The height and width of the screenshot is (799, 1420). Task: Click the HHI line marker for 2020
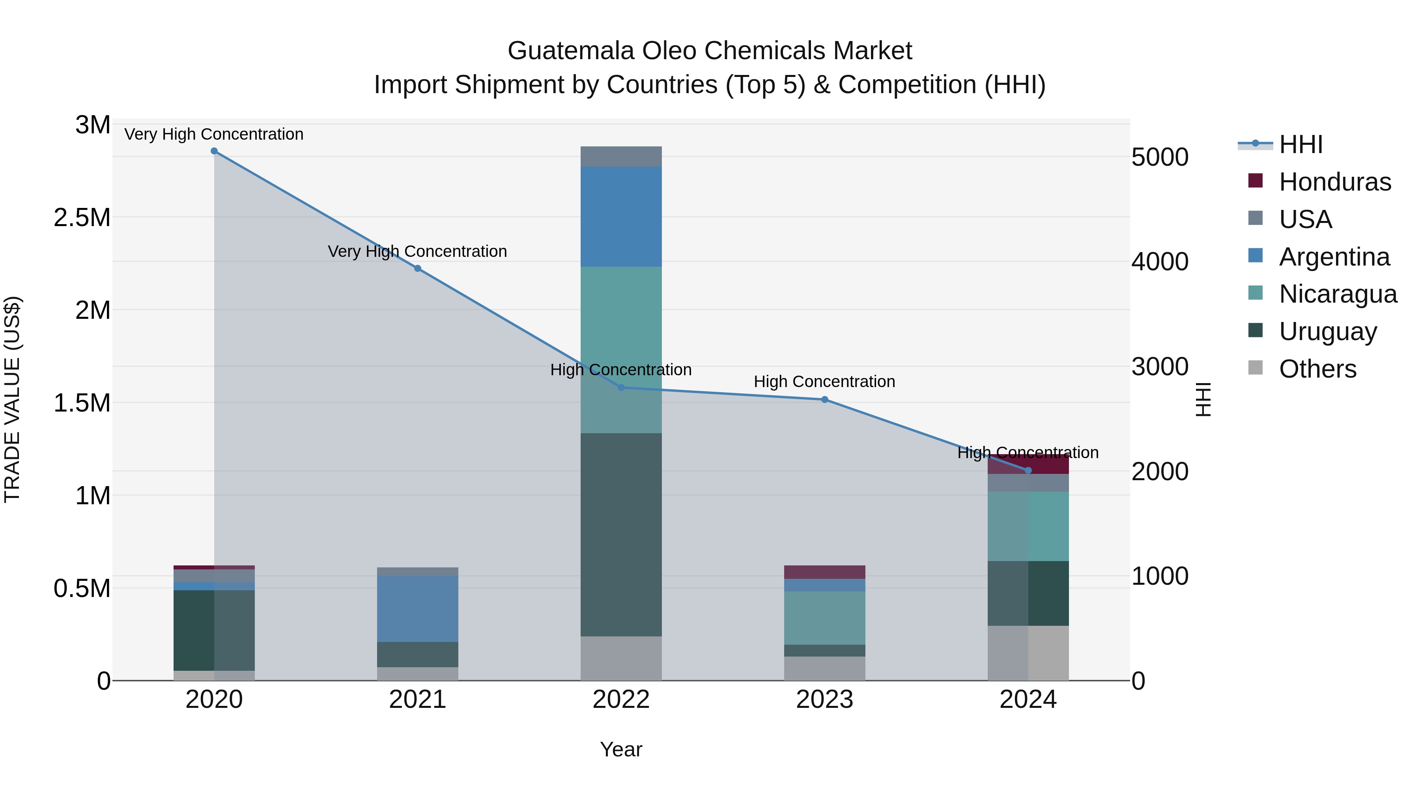(x=214, y=151)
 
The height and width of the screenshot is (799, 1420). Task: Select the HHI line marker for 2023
(x=825, y=400)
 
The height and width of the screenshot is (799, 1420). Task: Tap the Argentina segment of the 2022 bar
(x=621, y=217)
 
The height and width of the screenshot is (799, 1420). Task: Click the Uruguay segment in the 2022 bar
(x=621, y=535)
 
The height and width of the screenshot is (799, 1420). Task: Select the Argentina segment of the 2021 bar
(x=417, y=609)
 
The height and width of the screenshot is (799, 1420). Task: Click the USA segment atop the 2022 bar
(x=621, y=157)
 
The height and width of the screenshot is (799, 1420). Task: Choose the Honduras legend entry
(x=1334, y=182)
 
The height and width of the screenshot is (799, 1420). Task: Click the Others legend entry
(x=1317, y=369)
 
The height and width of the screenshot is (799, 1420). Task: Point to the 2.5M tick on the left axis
(x=82, y=218)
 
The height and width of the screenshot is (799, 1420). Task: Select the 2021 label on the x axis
(x=417, y=700)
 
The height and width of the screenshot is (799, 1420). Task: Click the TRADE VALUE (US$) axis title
(x=12, y=399)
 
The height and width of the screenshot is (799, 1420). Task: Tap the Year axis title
(x=621, y=749)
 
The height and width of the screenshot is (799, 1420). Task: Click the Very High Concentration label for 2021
(x=417, y=251)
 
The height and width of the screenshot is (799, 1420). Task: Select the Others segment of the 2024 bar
(x=1028, y=653)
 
